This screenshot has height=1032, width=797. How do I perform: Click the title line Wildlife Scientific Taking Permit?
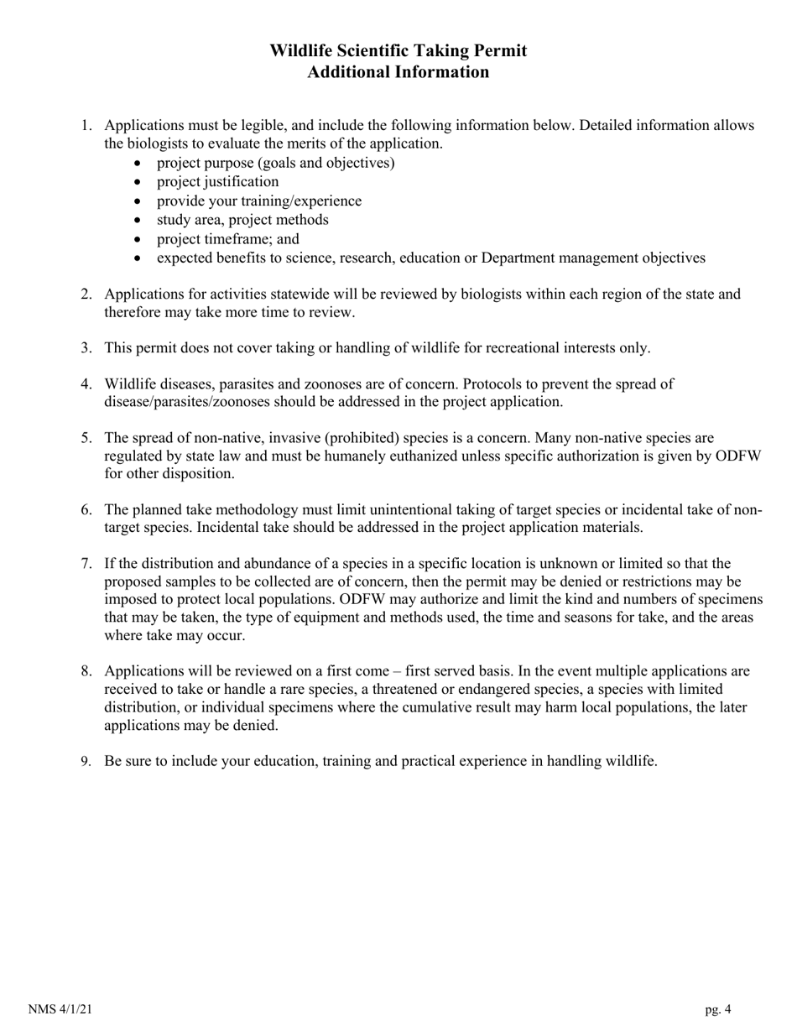[398, 51]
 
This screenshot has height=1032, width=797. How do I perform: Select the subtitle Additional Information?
[398, 72]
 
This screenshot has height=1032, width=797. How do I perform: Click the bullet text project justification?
[217, 181]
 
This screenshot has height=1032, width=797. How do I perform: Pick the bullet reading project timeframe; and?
[227, 239]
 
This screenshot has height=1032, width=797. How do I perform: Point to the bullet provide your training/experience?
[258, 201]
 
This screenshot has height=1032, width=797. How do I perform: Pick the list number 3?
[86, 348]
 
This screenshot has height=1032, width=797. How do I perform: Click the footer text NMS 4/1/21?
[60, 1009]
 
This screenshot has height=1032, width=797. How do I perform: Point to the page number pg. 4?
[717, 1009]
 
